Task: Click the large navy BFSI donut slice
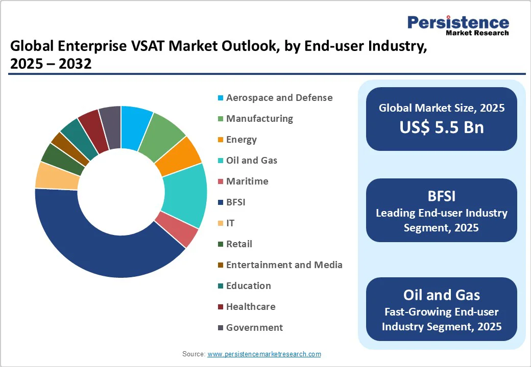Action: pos(102,250)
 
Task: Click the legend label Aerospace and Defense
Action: pos(279,97)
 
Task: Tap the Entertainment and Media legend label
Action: pos(284,265)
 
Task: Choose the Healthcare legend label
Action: pos(251,306)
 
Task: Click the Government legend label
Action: pos(254,327)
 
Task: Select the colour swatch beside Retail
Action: pos(220,244)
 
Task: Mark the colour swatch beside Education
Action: pos(220,286)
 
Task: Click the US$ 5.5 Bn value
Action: pos(442,127)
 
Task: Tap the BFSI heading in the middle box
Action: pos(442,196)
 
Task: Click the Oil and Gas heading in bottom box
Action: pos(442,295)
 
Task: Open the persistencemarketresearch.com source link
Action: pos(264,354)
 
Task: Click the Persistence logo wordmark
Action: pos(458,22)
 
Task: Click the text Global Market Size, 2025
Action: pos(442,108)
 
